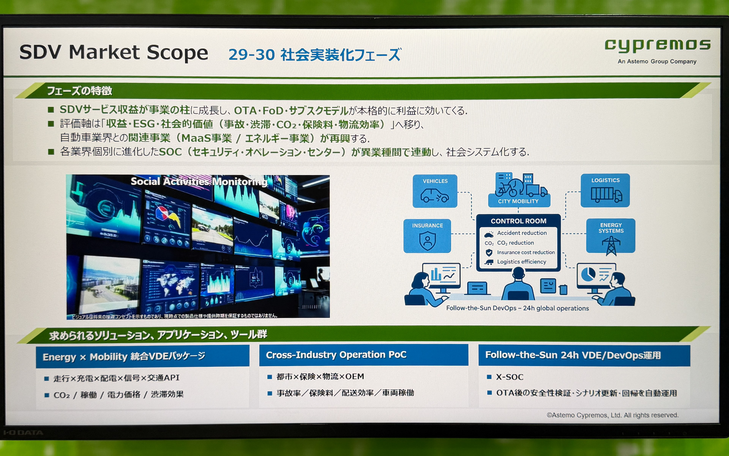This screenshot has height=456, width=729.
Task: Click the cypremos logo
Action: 657,45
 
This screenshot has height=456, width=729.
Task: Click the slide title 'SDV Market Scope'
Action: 114,52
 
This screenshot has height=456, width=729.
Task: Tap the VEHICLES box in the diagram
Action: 435,191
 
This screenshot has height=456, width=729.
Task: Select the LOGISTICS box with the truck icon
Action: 605,190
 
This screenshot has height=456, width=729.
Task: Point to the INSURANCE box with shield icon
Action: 427,236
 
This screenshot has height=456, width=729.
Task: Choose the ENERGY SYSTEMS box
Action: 611,236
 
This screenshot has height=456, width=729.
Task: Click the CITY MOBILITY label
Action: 518,201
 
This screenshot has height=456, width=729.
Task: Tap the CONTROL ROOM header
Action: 518,221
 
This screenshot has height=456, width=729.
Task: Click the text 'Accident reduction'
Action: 522,233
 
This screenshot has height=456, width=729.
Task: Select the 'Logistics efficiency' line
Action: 521,262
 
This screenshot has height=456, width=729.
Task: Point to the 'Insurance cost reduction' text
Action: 526,252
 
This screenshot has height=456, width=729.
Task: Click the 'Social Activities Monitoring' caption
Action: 199,182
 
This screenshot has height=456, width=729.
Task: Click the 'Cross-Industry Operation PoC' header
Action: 336,355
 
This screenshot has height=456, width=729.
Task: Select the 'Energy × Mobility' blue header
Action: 124,356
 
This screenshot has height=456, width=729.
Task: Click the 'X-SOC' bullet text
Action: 510,377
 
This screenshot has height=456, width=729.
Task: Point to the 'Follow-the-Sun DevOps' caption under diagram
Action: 517,308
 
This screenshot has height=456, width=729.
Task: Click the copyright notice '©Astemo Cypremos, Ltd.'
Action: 612,415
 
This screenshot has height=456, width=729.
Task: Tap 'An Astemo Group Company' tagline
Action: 657,62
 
